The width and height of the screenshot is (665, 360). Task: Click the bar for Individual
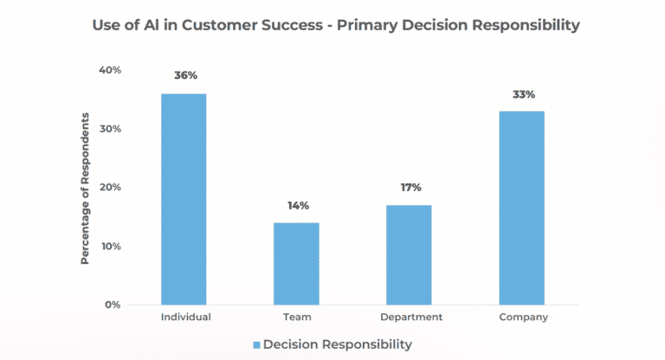pos(184,199)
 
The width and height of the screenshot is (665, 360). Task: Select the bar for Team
pos(297,264)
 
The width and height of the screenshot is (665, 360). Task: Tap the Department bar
pos(410,254)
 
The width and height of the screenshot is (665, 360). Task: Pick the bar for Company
pos(523,208)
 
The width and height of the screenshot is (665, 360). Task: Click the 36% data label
pos(184,75)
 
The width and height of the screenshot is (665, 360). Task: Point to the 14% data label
pos(298,205)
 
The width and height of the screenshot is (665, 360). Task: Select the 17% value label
pos(410,187)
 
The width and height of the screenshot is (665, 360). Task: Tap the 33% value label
pos(523,93)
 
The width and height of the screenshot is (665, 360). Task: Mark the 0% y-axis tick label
pos(112,305)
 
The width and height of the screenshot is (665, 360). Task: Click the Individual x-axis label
pos(185,318)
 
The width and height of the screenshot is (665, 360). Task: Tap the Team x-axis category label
pos(297,318)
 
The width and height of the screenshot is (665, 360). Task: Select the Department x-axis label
pos(410,318)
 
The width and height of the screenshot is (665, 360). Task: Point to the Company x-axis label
pos(523,318)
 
